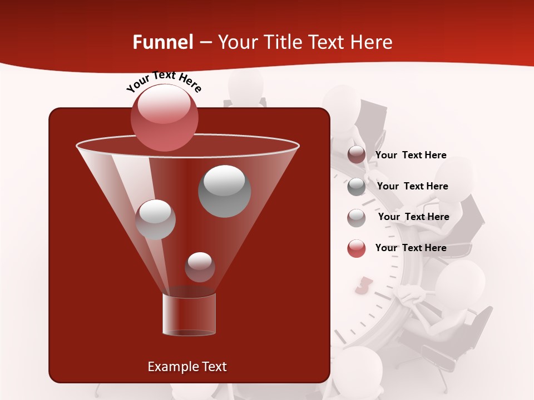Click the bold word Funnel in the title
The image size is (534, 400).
pyautogui.click(x=162, y=42)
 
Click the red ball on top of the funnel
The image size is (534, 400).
pyautogui.click(x=164, y=118)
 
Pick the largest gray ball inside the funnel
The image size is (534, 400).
pyautogui.click(x=224, y=191)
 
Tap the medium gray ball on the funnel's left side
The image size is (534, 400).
pyautogui.click(x=156, y=219)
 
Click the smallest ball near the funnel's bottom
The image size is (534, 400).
pyautogui.click(x=200, y=267)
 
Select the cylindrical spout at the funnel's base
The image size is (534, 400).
pyautogui.click(x=189, y=314)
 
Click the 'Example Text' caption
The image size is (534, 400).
pyautogui.click(x=187, y=367)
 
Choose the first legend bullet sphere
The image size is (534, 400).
pyautogui.click(x=357, y=155)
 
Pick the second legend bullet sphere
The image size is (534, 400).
pyautogui.click(x=357, y=187)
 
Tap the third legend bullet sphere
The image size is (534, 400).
pyautogui.click(x=357, y=218)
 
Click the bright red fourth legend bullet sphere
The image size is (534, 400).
pyautogui.click(x=357, y=248)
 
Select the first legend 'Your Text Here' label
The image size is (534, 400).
pyautogui.click(x=411, y=155)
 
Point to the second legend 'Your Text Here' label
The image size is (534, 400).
pyautogui.click(x=412, y=186)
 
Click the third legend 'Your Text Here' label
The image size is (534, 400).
pyautogui.click(x=413, y=217)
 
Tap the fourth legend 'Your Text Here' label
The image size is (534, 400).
pyautogui.click(x=411, y=248)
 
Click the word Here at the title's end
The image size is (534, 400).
pyautogui.click(x=372, y=42)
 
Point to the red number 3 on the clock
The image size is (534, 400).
pyautogui.click(x=363, y=286)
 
